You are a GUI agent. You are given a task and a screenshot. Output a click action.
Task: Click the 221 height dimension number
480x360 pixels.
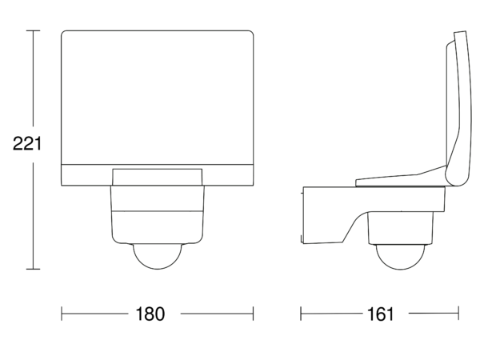point(27,143)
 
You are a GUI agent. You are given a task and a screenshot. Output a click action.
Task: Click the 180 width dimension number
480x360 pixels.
point(150,314)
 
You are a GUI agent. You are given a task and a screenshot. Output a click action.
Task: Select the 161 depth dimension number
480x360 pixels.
point(380,314)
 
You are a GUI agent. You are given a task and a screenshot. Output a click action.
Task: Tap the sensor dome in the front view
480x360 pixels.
point(157,257)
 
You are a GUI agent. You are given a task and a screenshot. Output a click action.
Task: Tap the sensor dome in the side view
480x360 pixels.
point(400,258)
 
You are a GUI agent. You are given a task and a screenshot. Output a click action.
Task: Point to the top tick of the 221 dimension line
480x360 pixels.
point(33,30)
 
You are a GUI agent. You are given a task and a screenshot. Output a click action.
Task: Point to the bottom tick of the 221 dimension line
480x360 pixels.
point(33,269)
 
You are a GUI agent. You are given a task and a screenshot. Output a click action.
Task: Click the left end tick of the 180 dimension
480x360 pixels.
point(62,314)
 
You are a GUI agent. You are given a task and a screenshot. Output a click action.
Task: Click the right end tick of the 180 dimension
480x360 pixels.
point(253,314)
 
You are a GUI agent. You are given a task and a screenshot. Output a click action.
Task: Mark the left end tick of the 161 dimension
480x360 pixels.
point(301,314)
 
